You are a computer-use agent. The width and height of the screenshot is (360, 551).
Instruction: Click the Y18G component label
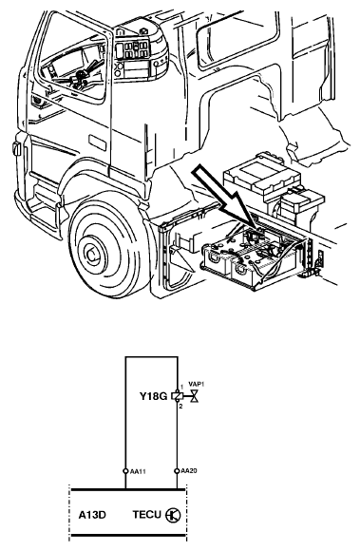click(x=154, y=396)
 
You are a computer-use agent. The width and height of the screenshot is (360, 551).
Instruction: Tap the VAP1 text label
click(x=197, y=384)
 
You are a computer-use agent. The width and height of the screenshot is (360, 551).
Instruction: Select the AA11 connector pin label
click(x=138, y=471)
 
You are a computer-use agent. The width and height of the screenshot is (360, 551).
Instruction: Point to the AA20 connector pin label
click(x=189, y=471)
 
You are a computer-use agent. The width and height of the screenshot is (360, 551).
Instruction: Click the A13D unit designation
click(x=92, y=515)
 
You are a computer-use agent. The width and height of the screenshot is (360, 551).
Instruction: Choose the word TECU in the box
click(x=147, y=515)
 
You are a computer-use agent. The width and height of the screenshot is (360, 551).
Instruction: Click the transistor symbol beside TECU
click(x=173, y=515)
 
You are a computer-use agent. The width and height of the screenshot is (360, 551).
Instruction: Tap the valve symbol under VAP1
click(x=194, y=396)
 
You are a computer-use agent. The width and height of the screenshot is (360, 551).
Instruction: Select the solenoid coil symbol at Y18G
click(x=178, y=396)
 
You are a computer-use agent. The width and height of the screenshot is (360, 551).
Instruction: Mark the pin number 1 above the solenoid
click(x=181, y=388)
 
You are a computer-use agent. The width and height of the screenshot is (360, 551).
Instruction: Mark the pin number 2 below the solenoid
click(x=180, y=407)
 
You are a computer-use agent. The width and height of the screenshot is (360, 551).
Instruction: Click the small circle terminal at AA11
click(x=125, y=471)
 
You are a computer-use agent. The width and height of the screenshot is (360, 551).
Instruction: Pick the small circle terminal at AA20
click(x=177, y=471)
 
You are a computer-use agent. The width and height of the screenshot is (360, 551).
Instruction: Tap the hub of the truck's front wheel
click(x=91, y=254)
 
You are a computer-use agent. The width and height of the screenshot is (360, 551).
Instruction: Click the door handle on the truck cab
click(x=97, y=143)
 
